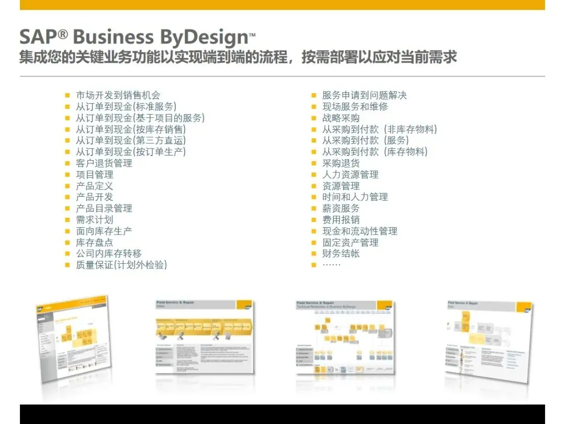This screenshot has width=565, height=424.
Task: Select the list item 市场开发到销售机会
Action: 118,95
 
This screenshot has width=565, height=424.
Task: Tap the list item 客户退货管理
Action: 104,163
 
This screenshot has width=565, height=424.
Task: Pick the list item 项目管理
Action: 94,175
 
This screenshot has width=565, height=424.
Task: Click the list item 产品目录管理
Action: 104,209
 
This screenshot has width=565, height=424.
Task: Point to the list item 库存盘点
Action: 94,243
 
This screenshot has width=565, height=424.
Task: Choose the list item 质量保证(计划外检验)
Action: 121,265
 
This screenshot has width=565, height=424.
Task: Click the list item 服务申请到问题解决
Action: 364,95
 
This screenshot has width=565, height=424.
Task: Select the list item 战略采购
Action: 341,118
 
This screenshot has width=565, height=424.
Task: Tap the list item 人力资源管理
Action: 350,175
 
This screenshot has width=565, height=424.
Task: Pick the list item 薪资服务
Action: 341,209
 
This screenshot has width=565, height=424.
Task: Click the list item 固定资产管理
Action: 350,243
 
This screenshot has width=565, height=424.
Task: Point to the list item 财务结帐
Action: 341,254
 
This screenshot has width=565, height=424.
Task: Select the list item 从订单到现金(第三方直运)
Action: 131,141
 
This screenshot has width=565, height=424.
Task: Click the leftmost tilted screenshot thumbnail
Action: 73,338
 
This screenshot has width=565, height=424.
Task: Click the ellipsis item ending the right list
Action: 331,265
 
